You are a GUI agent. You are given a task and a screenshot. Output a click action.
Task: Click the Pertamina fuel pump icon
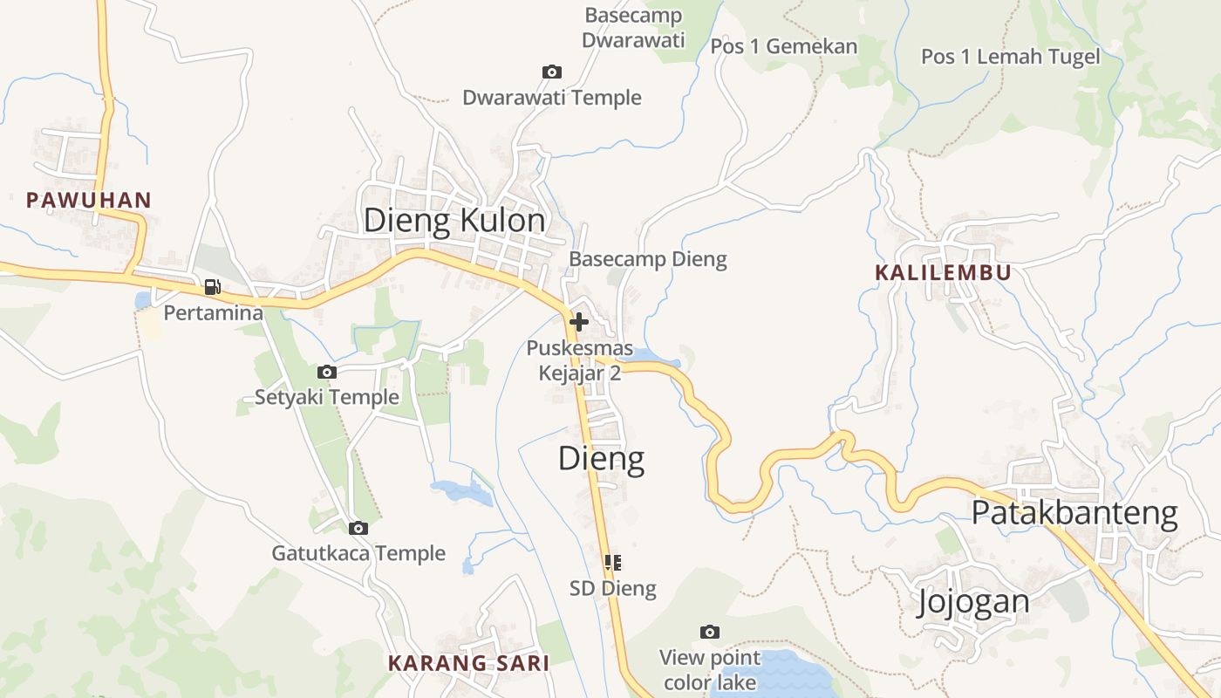point(212,286)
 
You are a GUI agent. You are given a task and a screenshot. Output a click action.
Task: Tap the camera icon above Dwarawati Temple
point(551,72)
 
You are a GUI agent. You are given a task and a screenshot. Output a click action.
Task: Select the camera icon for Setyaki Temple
point(327,372)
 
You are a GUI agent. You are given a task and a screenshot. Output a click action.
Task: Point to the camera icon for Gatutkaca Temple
point(358,528)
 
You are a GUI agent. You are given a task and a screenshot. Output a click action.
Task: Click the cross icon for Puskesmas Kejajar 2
point(578,322)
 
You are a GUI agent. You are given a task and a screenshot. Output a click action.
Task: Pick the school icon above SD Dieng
point(612,563)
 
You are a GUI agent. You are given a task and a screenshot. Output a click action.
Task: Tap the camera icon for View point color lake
point(710,632)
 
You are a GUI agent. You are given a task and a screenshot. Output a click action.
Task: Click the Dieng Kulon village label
point(454,221)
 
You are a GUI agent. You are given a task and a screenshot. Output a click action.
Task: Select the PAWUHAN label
point(89,200)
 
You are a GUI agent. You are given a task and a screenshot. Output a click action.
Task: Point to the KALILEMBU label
point(943,272)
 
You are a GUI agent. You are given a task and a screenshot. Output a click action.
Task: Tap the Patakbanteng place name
point(1074,513)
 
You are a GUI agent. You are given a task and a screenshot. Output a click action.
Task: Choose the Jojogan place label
point(972,601)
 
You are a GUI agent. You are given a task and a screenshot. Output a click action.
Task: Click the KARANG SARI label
point(468,663)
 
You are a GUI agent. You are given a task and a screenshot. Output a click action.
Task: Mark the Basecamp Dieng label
point(647,259)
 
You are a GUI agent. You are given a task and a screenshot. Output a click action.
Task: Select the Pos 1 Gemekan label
point(784,46)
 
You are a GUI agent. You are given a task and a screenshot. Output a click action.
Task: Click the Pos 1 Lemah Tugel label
point(1010,57)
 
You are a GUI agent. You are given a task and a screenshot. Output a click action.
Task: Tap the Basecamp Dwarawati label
point(633,27)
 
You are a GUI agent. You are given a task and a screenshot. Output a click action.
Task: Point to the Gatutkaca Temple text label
point(358,553)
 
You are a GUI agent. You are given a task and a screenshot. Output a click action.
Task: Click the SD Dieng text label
point(612,588)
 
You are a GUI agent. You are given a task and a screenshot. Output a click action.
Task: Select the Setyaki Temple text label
point(327,397)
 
